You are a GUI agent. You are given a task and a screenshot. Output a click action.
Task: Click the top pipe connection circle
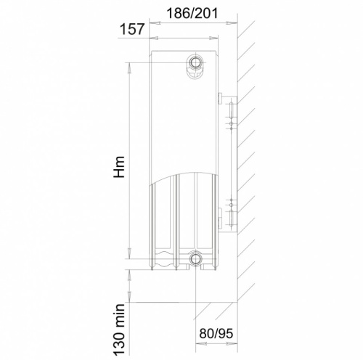[196, 62]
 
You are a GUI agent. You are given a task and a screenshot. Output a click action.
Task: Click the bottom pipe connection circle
[196, 259]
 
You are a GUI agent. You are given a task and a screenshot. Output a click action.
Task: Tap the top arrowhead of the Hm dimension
[129, 67]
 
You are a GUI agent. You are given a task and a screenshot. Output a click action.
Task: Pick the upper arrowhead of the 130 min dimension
[129, 271]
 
